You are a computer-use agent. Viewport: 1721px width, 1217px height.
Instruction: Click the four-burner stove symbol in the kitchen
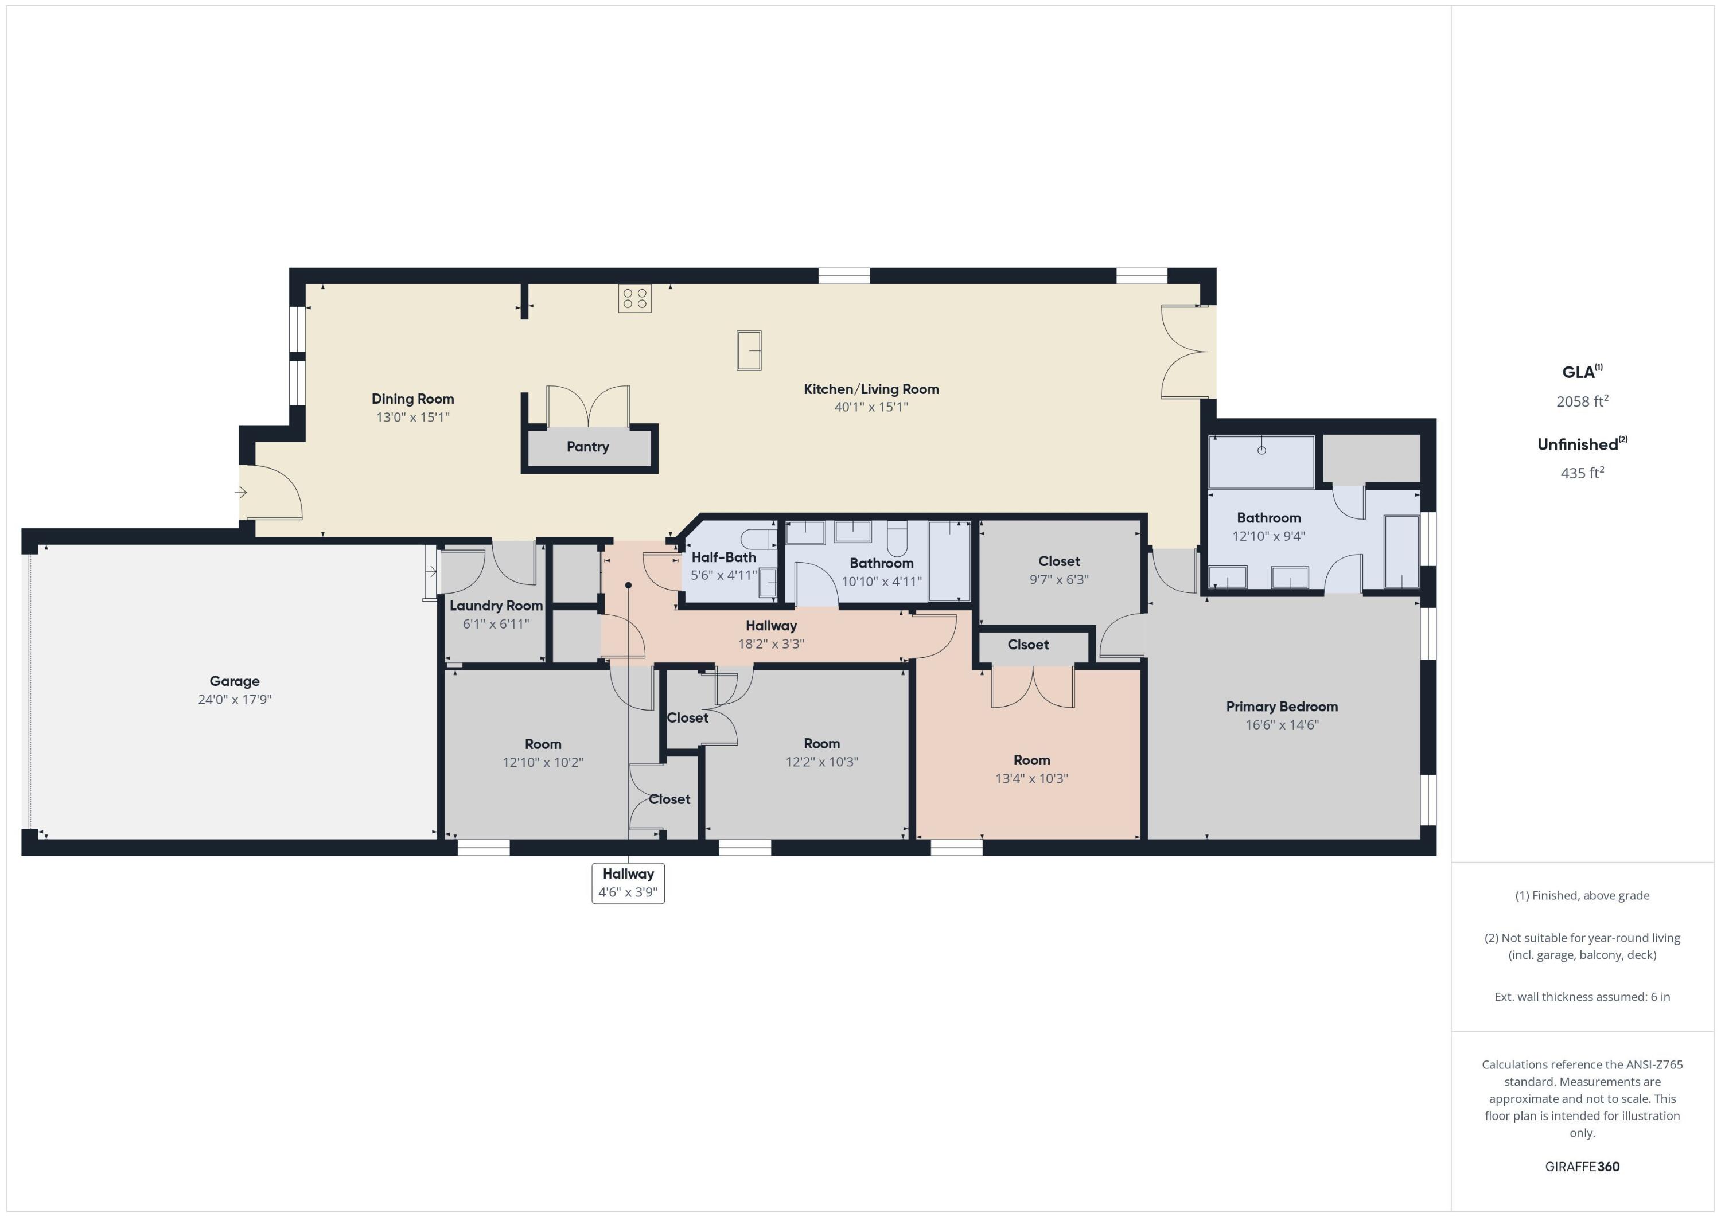tap(634, 298)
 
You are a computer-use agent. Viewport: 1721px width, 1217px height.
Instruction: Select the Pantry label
tap(587, 447)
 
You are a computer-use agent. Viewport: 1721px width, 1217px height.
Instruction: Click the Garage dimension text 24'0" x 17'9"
tap(235, 699)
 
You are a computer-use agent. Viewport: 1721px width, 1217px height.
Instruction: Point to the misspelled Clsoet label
tap(1027, 645)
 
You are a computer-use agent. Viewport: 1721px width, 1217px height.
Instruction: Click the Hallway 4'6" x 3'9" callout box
tap(628, 883)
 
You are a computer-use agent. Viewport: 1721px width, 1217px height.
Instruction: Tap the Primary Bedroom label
tap(1282, 707)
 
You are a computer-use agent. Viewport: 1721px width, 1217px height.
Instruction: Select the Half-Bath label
tap(723, 557)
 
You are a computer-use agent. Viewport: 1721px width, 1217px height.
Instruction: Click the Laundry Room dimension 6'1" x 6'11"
tap(496, 623)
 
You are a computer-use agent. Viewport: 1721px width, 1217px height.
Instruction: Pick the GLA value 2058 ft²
tap(1582, 401)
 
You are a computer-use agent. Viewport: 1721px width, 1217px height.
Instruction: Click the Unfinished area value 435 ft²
tap(1582, 473)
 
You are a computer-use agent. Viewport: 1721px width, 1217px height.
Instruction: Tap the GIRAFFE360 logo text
tap(1582, 1167)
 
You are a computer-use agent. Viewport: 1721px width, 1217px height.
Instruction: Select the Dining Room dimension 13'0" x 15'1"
tap(413, 416)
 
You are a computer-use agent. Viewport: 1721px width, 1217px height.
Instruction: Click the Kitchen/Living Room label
tap(871, 389)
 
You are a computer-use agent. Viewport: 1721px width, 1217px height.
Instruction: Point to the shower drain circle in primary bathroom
tap(1261, 450)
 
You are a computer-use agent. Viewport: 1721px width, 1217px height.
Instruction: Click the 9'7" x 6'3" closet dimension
tap(1058, 579)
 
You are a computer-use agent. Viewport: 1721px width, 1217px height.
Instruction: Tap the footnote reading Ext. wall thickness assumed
tap(1582, 997)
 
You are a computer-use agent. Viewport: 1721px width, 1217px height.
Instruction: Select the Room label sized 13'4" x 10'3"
tap(1031, 760)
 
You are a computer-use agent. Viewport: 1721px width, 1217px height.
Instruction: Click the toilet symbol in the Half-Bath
tap(758, 538)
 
